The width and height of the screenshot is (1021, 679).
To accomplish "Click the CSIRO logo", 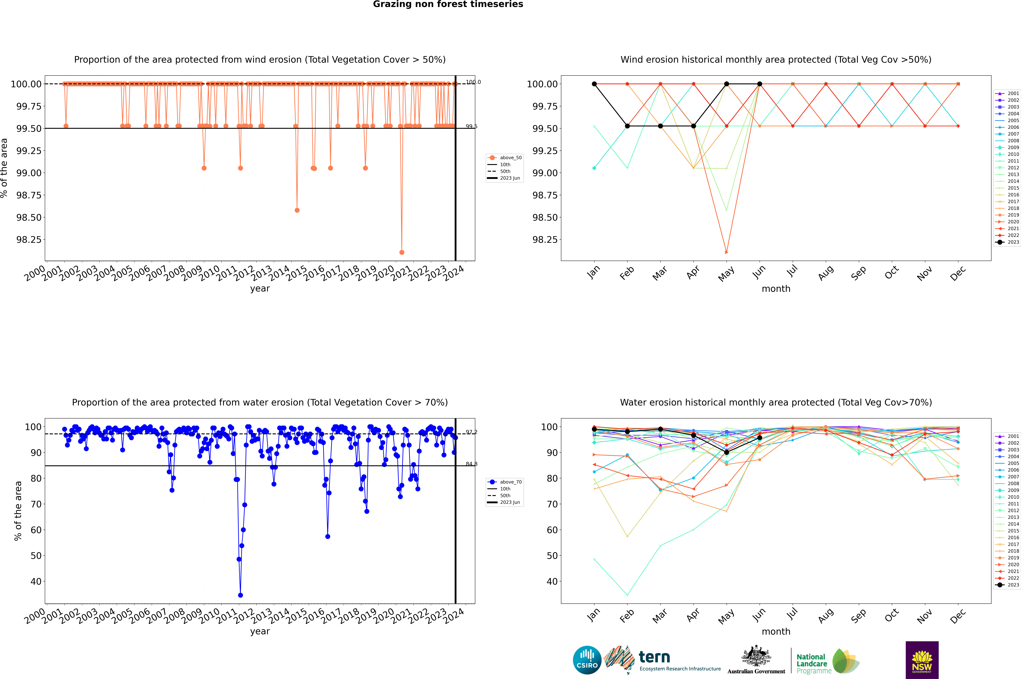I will click(587, 660).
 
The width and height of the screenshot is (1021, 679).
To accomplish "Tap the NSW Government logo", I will click(922, 660).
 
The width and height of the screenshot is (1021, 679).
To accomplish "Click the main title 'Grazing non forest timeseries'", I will click(448, 4).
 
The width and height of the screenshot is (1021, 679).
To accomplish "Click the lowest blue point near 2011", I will click(240, 595).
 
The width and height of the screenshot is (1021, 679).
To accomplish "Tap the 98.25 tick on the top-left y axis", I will click(29, 239).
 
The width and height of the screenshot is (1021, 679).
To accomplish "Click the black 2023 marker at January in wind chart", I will click(594, 84).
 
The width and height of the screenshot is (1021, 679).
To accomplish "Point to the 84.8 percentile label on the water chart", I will click(471, 464).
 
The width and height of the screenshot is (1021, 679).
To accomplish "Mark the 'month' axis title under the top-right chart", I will click(776, 289).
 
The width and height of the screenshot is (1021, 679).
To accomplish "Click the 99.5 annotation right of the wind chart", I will click(471, 126).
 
